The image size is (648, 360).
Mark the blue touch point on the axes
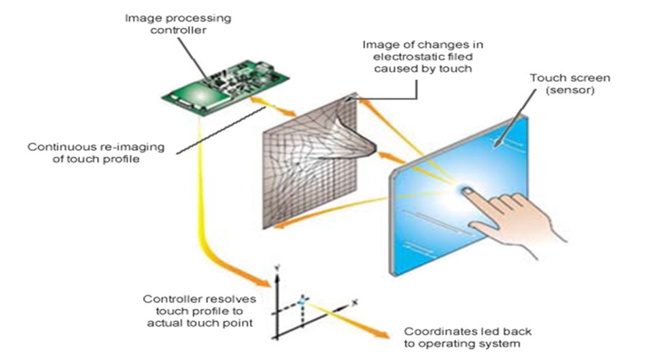(x=303, y=297)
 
